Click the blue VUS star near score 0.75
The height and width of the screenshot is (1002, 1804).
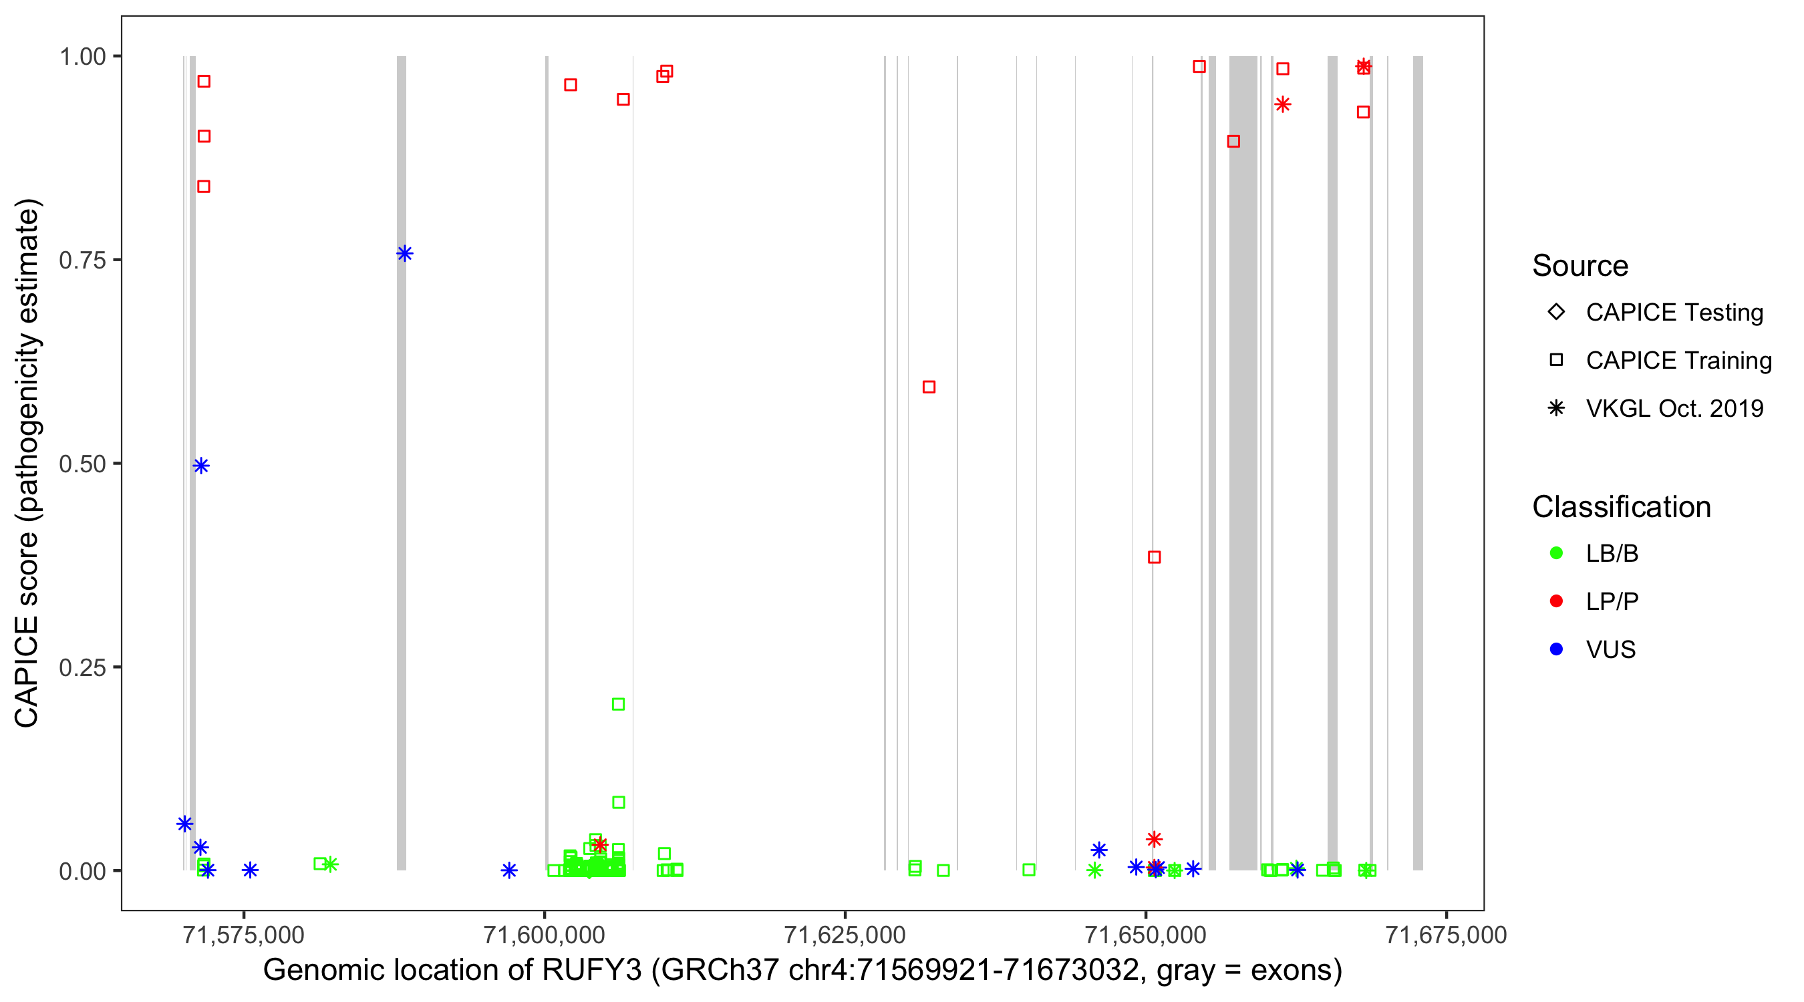(404, 253)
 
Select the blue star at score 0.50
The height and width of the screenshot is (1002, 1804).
(201, 466)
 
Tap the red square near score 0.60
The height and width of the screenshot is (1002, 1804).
(929, 387)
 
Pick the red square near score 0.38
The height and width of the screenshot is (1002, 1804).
(1154, 556)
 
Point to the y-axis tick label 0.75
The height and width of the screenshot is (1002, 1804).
(82, 261)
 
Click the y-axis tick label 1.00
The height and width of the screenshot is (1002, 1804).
(82, 57)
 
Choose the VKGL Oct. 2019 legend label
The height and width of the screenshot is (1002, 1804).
(1674, 408)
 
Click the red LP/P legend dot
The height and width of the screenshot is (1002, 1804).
(1556, 601)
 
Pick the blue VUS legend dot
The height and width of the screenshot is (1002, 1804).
(1556, 649)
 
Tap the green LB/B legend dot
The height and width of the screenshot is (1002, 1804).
(1556, 553)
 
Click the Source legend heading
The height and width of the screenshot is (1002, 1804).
(1580, 265)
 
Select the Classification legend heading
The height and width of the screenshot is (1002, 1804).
(1621, 506)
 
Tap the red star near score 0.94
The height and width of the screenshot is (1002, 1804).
(1282, 104)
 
